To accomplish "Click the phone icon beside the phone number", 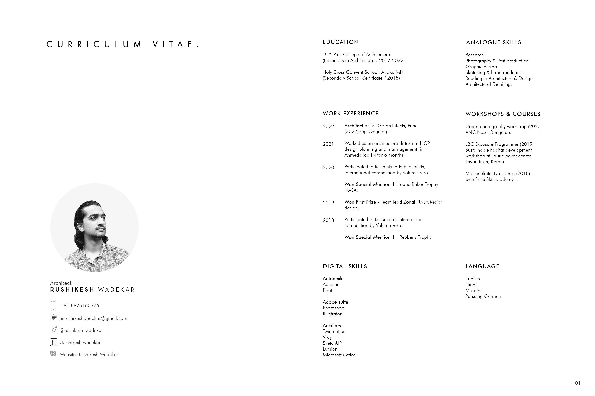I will (x=53, y=306).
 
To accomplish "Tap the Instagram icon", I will (x=53, y=330).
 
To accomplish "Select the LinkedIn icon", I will (x=53, y=342).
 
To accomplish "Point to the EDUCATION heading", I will (x=340, y=42).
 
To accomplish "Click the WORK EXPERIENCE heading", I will (x=350, y=114).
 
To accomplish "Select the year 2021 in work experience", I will (x=328, y=144).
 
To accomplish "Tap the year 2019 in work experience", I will (x=328, y=203).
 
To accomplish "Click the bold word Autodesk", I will (x=332, y=279).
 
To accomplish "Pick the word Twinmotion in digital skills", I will (x=334, y=331).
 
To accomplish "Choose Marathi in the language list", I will (x=473, y=290).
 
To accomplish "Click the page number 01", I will (x=577, y=383).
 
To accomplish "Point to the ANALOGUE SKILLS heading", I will (x=493, y=42).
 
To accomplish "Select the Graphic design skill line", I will (x=481, y=67).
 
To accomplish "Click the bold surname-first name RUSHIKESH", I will (x=72, y=290).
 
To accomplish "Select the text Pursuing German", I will (x=483, y=296).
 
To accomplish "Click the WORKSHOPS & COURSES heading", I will (x=503, y=114).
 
